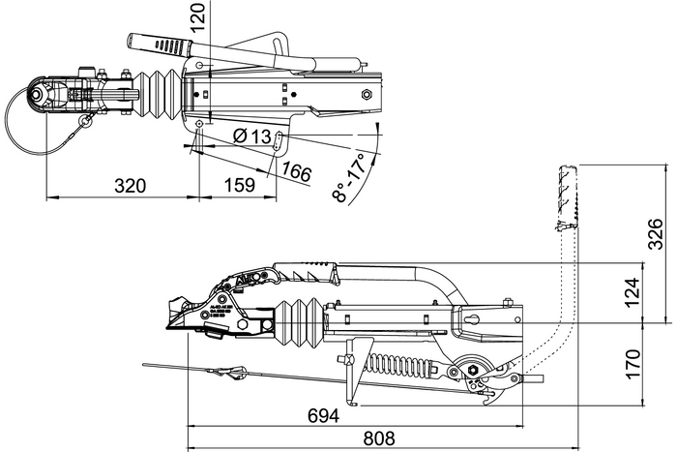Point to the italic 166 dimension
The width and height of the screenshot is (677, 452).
(x=296, y=172)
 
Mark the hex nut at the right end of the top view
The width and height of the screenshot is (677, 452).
(x=368, y=94)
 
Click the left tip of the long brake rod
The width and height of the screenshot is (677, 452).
(x=146, y=365)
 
